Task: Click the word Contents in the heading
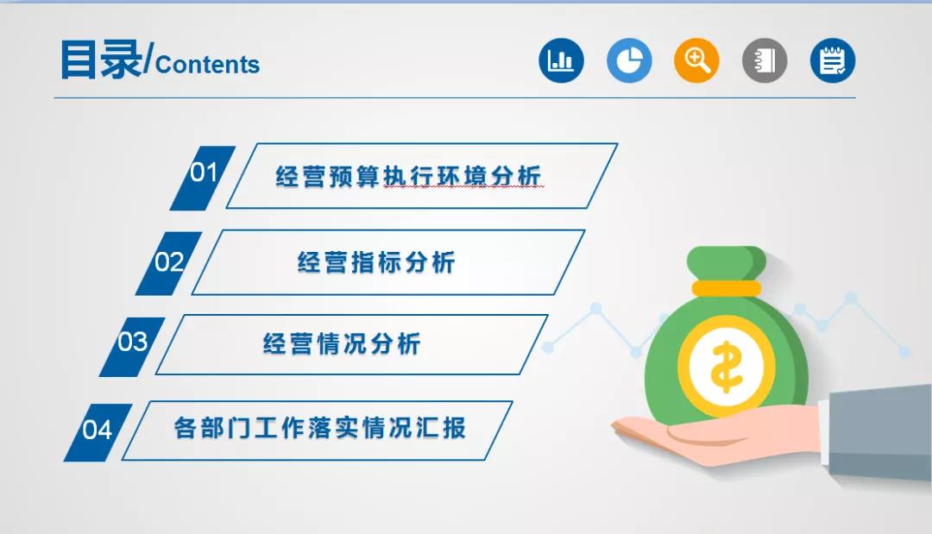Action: tap(207, 64)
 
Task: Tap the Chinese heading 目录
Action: tap(102, 60)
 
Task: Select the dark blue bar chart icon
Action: tap(561, 60)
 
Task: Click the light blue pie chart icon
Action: tap(629, 60)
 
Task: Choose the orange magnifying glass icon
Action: tap(696, 60)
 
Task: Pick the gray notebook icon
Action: tap(765, 60)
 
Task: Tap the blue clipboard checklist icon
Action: tap(832, 60)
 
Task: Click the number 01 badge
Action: tap(203, 178)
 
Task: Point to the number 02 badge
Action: tap(169, 263)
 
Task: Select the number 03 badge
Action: tap(132, 346)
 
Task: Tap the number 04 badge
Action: tap(98, 432)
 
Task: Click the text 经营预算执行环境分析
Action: tap(408, 176)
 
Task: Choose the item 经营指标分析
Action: tap(376, 262)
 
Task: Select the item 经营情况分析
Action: tap(342, 344)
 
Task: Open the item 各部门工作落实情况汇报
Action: tap(320, 428)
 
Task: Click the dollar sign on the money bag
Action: tap(726, 367)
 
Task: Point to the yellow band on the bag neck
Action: tap(727, 289)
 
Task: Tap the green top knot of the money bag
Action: tap(727, 263)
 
